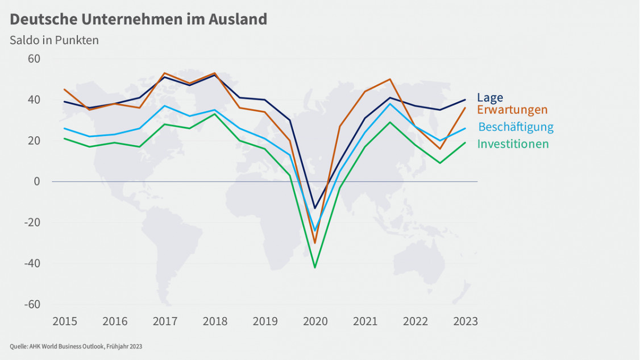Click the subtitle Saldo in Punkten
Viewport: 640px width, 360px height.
click(54, 40)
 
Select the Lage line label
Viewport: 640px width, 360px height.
click(490, 97)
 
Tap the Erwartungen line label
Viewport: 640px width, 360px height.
click(512, 110)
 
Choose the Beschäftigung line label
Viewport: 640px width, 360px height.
click(516, 127)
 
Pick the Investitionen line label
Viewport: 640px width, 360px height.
click(513, 144)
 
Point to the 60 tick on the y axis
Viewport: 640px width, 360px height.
click(32, 59)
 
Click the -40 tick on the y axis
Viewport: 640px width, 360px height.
click(32, 263)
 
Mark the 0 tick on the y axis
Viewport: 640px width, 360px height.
click(36, 181)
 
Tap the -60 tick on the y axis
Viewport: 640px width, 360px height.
click(32, 304)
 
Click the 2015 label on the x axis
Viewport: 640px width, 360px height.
click(65, 322)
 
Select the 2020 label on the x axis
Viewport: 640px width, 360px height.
click(315, 322)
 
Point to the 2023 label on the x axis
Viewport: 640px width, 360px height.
click(466, 322)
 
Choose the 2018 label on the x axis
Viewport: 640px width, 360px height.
click(215, 322)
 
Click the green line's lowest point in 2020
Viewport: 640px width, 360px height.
click(315, 267)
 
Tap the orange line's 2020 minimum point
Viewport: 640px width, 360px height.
click(315, 243)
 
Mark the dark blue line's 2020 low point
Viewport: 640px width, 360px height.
click(315, 208)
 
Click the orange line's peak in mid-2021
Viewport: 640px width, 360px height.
click(390, 79)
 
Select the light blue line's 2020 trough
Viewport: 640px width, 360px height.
click(315, 230)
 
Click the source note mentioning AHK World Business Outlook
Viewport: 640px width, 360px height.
click(76, 346)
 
